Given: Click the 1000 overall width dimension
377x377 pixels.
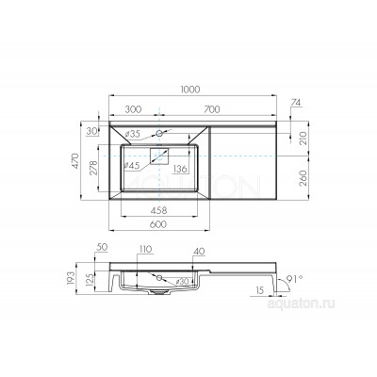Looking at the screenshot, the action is coord(190,90).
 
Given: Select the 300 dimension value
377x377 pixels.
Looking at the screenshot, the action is coord(133,109).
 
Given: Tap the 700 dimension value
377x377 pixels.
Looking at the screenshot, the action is coord(212,109).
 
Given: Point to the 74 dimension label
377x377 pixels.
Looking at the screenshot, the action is coord(296,103).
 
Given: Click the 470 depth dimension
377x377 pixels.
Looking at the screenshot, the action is coord(75,161).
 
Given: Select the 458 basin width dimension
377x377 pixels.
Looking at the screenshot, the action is coord(159,210).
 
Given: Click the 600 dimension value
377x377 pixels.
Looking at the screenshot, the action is coord(158,224).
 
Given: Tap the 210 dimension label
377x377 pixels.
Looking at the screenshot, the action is coord(303,138).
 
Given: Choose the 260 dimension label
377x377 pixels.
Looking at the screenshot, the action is coord(303,178).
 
